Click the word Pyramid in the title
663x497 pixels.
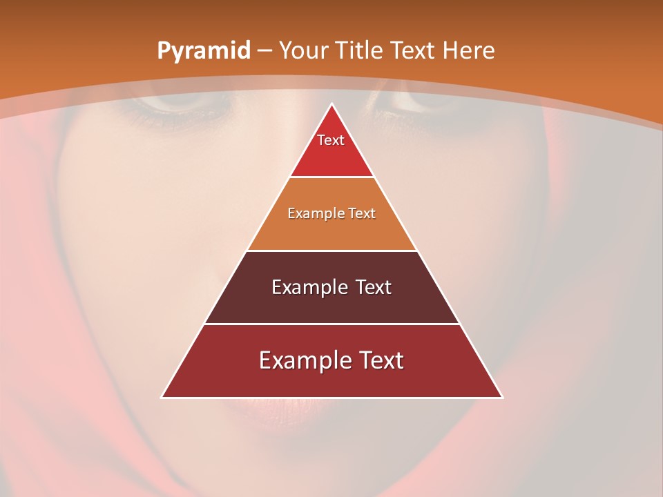click(x=203, y=51)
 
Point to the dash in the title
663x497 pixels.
click(x=265, y=51)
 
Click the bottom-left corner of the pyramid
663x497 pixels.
click(x=162, y=397)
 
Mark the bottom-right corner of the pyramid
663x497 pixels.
click(x=502, y=397)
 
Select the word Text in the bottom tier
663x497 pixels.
click(x=377, y=360)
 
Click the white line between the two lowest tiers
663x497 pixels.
click(x=331, y=324)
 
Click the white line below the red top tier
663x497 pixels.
click(x=331, y=177)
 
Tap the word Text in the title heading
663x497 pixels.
click(x=414, y=50)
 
